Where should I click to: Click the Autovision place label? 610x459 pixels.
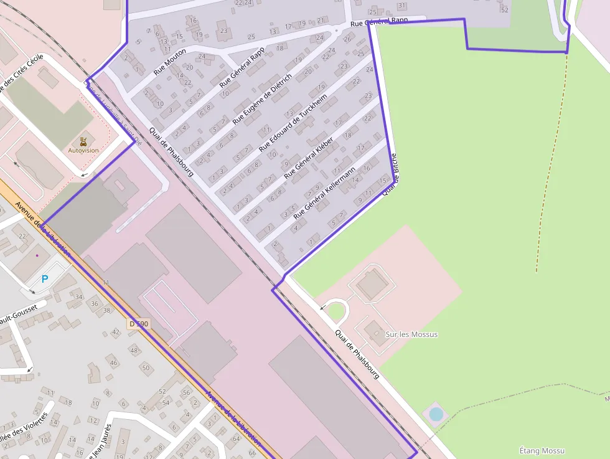pos(83,150)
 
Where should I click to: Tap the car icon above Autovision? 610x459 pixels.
pos(83,141)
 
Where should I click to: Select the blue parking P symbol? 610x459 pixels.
pos(44,279)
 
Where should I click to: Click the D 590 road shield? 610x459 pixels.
pos(139,324)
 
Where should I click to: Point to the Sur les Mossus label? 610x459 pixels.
pos(411,334)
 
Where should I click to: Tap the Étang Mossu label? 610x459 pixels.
pos(542,450)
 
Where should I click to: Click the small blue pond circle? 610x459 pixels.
pos(436,414)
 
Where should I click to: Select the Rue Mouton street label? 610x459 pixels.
pos(169,61)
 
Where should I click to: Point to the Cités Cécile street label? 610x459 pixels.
pos(23,73)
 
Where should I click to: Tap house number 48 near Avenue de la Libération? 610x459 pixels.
pos(134,350)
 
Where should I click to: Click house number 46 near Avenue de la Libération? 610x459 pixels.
pos(113,362)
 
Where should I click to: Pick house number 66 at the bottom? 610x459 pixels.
pos(235,453)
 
